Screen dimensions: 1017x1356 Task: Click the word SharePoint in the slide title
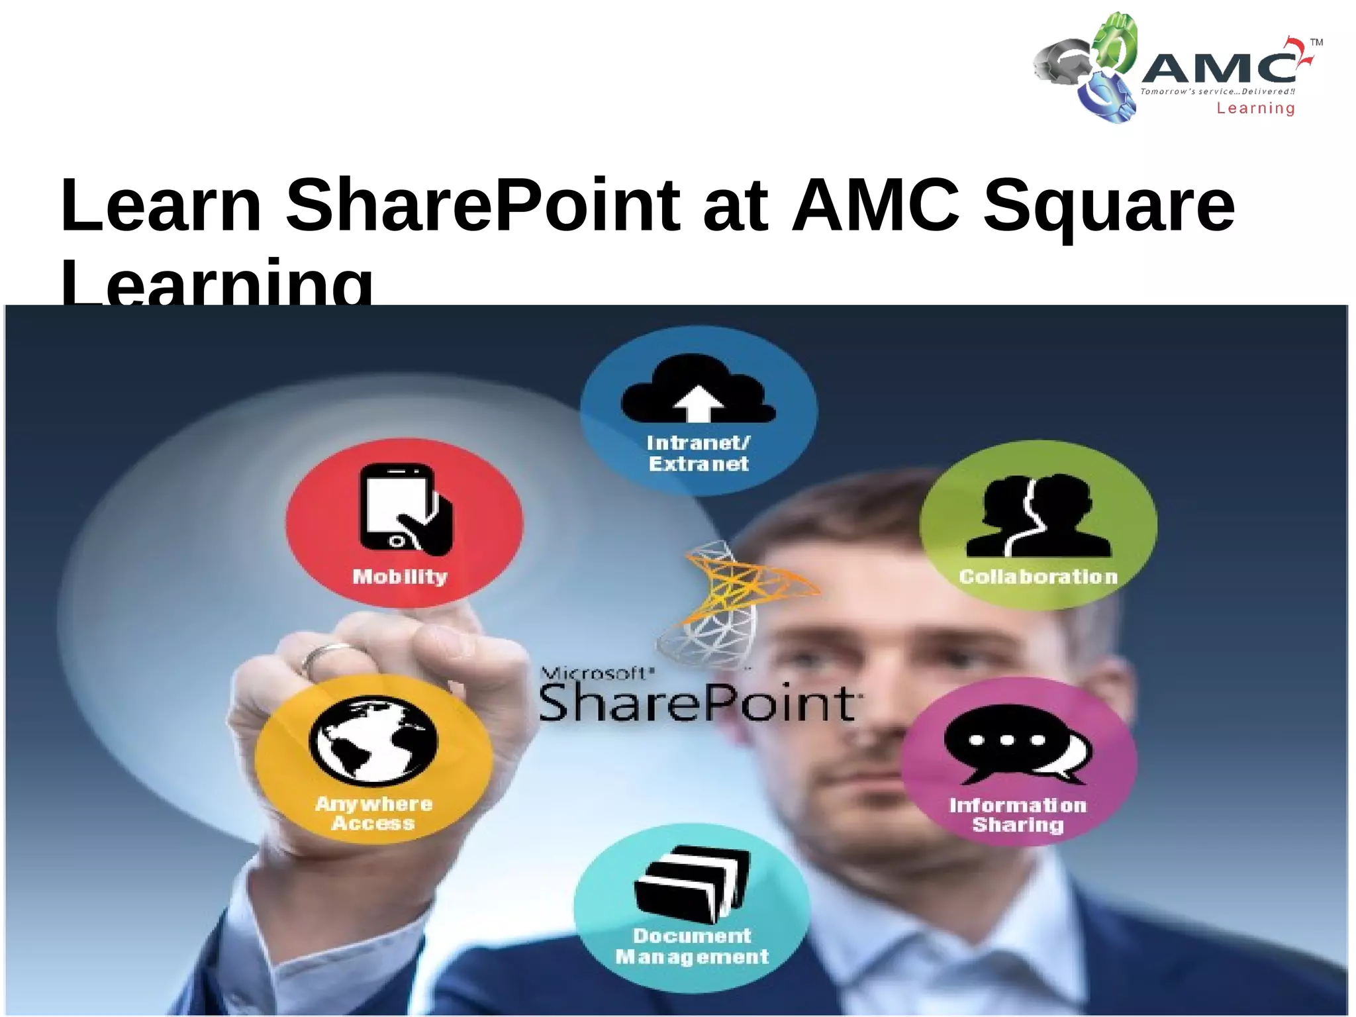(x=482, y=205)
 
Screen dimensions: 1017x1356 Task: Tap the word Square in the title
(x=1108, y=207)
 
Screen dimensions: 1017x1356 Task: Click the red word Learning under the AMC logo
(x=1255, y=109)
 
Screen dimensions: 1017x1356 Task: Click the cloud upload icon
(x=698, y=390)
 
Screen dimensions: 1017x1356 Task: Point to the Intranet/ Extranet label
(x=699, y=454)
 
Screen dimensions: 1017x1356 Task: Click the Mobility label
(x=400, y=577)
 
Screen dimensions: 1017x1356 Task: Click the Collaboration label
(x=1038, y=577)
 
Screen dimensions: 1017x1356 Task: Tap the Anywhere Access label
(x=373, y=814)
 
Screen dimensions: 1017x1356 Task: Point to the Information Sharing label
(x=1018, y=815)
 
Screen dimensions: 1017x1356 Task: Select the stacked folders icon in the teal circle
(x=693, y=884)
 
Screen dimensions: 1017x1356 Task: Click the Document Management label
(x=693, y=946)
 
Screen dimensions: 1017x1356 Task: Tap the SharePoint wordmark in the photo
(x=698, y=703)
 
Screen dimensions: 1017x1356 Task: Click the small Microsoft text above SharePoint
(x=596, y=674)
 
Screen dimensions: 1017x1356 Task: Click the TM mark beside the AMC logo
(x=1316, y=42)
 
